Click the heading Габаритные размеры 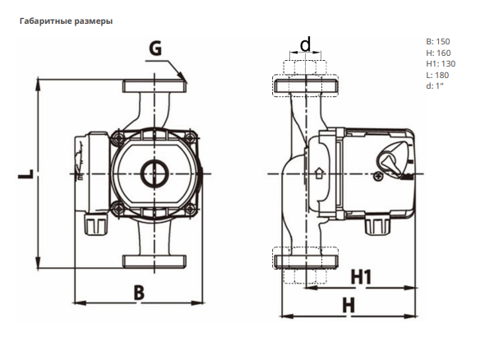click(66, 21)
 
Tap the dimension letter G click(155, 48)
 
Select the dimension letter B click(139, 293)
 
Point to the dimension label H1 click(361, 277)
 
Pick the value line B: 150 click(438, 41)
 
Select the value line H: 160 click(438, 53)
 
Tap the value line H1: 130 click(441, 64)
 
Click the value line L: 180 click(437, 75)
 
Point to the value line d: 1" click(435, 86)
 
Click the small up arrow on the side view click(319, 173)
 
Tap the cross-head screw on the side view click(378, 177)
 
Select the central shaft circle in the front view click(155, 173)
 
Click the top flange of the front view click(155, 86)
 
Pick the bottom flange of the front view click(155, 261)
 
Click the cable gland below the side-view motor click(376, 225)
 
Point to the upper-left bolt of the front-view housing click(117, 137)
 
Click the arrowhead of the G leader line click(183, 77)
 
